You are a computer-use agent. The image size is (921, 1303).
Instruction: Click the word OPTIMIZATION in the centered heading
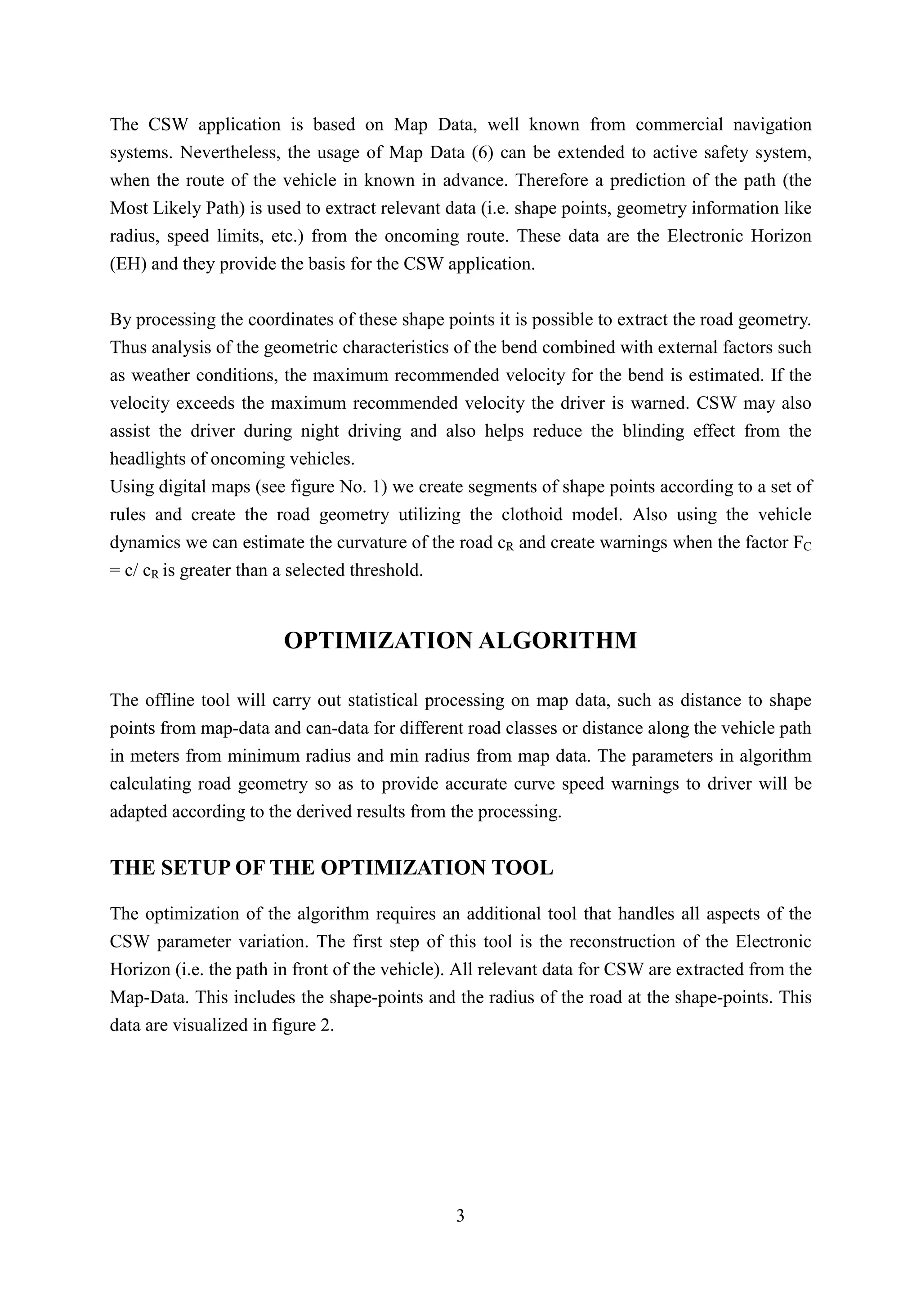point(377,641)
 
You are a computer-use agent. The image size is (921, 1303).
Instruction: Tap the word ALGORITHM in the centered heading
point(557,641)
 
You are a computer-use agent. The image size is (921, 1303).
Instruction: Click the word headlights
point(148,459)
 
